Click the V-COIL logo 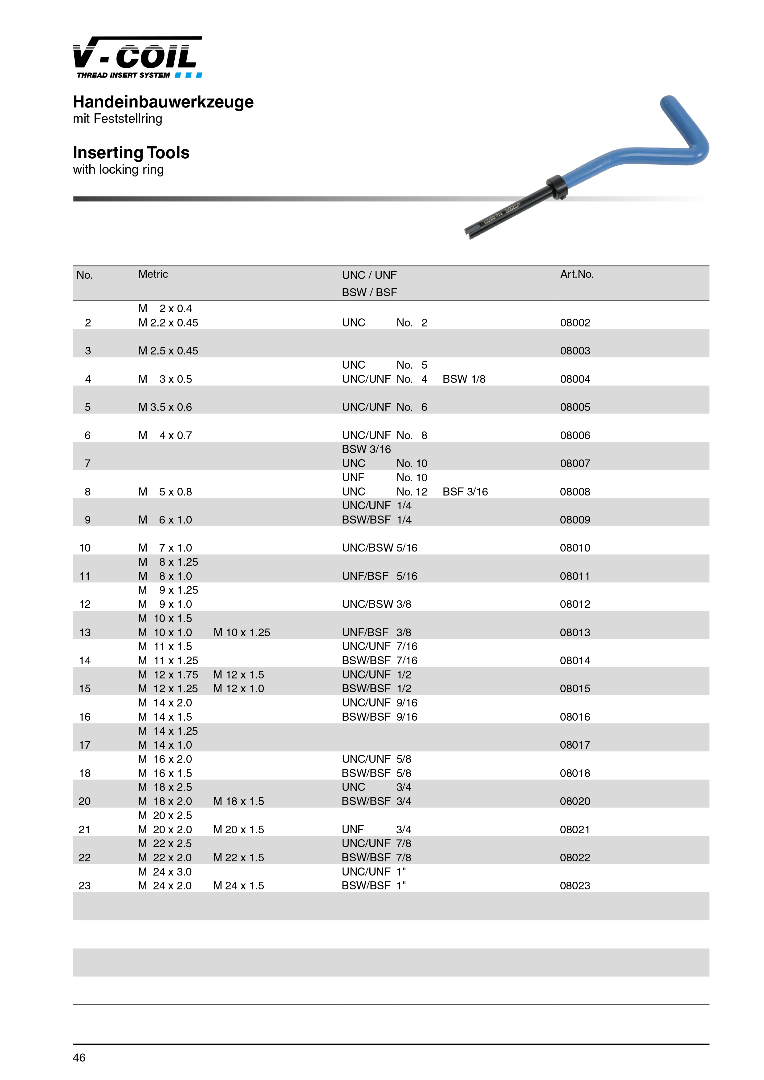[x=137, y=57]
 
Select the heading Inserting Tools [x=131, y=153]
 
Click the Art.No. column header [x=577, y=274]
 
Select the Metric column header [x=153, y=274]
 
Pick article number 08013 [x=575, y=633]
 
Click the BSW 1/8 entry [x=464, y=379]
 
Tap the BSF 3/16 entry [x=465, y=492]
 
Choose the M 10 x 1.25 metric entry [x=242, y=633]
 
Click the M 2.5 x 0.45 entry [x=168, y=351]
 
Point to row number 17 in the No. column [x=85, y=745]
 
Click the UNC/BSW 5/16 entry [x=380, y=548]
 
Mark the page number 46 [x=79, y=1058]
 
